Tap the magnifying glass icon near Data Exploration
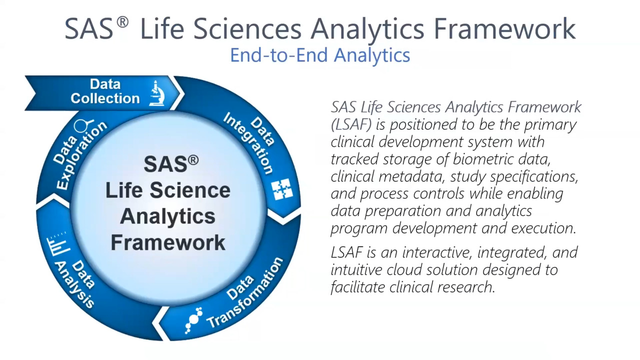click(x=83, y=126)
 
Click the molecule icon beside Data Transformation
click(x=193, y=320)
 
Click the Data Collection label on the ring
click(x=105, y=91)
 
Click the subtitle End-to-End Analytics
click(x=320, y=54)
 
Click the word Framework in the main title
click(x=504, y=28)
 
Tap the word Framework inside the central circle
click(x=168, y=242)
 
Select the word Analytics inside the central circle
click(x=168, y=216)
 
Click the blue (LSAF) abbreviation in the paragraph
click(x=351, y=124)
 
